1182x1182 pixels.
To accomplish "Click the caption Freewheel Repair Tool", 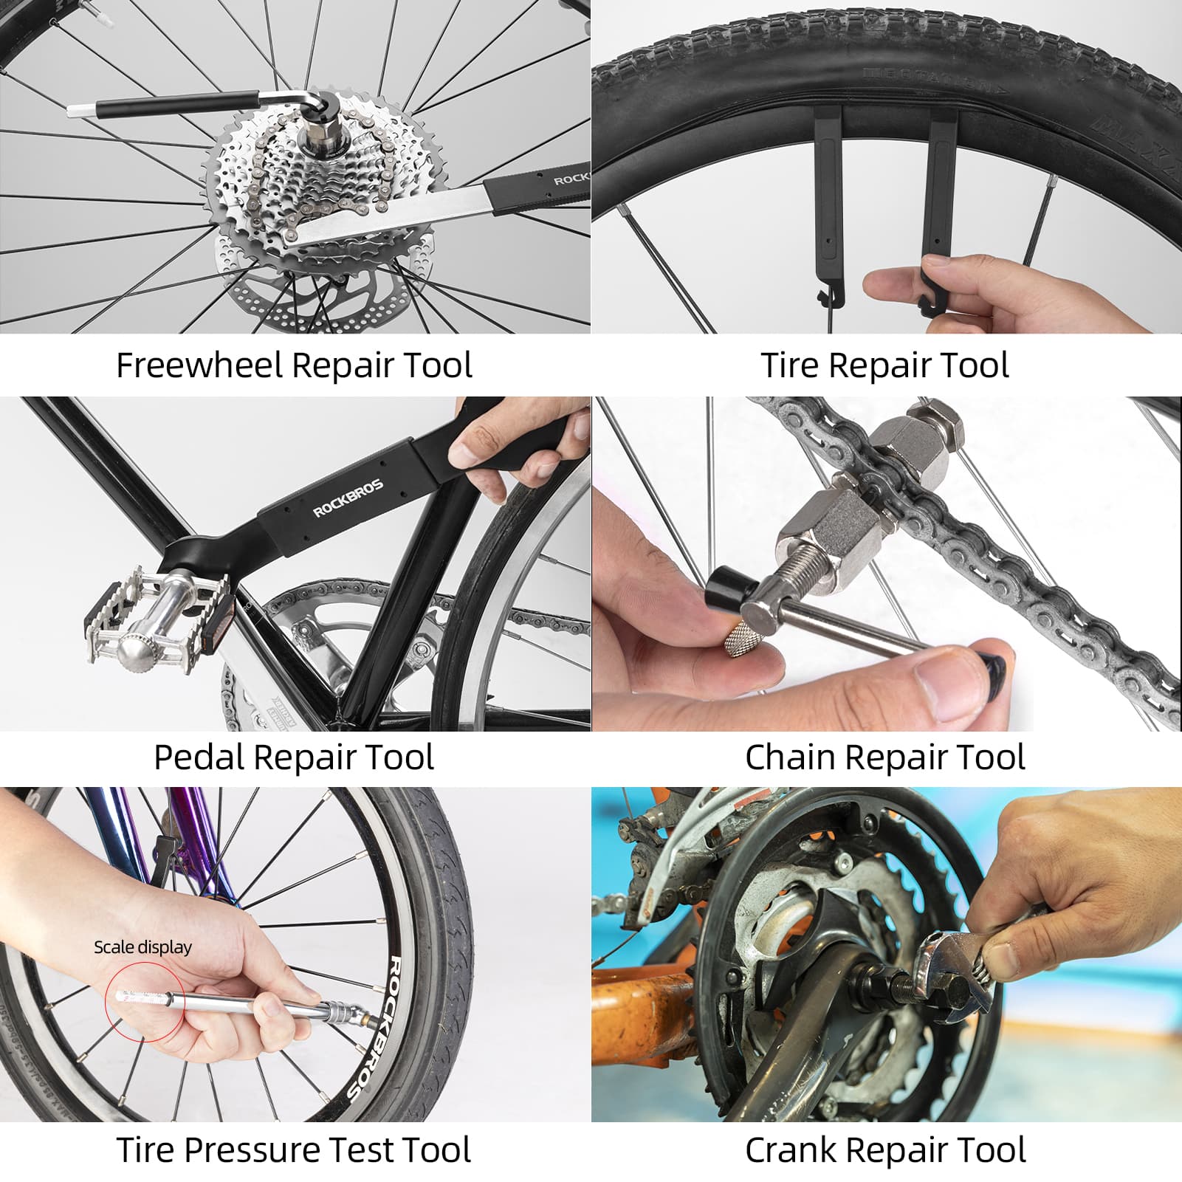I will click(x=294, y=365).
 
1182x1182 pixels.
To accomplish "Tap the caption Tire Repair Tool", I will click(x=884, y=365).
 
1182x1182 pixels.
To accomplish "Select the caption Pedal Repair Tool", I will click(x=294, y=757).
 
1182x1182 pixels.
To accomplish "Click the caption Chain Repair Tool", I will click(x=884, y=757).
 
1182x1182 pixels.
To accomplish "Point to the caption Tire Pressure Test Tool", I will click(x=294, y=1150).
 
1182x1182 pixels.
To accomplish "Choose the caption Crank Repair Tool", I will click(x=884, y=1150).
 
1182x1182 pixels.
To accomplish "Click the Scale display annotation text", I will click(x=142, y=947).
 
